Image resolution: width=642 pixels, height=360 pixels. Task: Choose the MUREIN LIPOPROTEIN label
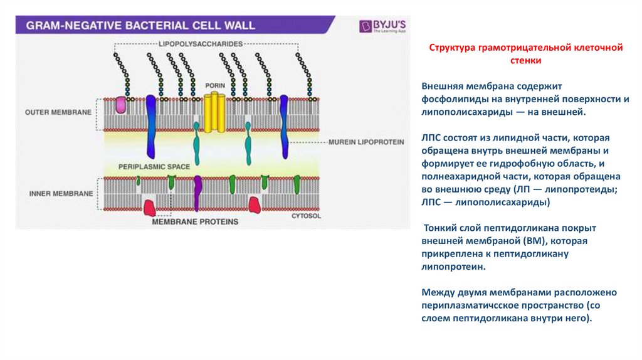click(x=366, y=142)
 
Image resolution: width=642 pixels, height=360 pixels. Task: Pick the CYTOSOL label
click(x=306, y=216)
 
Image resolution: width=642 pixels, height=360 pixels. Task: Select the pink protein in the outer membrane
click(x=120, y=105)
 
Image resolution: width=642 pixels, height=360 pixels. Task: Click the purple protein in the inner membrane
click(x=198, y=192)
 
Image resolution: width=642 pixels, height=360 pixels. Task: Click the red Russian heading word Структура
click(x=453, y=48)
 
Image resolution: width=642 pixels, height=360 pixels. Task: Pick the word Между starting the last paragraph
click(x=438, y=293)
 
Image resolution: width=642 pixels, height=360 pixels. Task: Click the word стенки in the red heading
click(x=525, y=61)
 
